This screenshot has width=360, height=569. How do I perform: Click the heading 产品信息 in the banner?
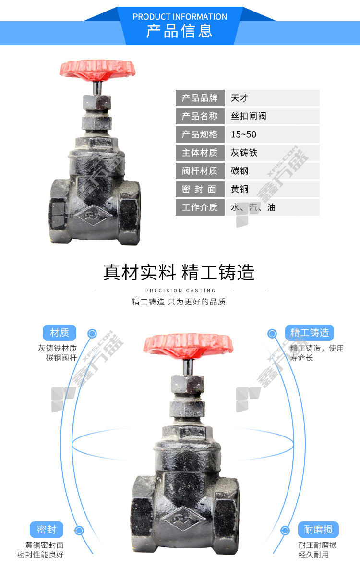pos(180,32)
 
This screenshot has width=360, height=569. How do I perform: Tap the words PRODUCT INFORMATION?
pos(180,17)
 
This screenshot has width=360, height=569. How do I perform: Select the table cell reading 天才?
pos(240,98)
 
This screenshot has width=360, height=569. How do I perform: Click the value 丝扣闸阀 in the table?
pos(249,116)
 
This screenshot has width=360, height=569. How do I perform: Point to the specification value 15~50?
pos(243,134)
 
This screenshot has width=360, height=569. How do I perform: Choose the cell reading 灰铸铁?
pos(244,153)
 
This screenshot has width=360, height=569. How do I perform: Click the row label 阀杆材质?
pos(200,171)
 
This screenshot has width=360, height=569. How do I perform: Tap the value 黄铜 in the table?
pos(240,189)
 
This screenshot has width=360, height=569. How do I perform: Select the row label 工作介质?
pos(200,207)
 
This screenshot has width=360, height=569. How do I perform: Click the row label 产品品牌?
pos(200,98)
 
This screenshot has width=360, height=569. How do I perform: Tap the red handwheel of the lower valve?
pos(188,344)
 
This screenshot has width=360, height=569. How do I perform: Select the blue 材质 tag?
pos(60,332)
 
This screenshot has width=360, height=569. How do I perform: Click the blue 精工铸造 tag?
pos(310,332)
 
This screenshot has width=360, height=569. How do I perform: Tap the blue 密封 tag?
pos(47,530)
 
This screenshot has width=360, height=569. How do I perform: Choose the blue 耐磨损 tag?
pos(318,530)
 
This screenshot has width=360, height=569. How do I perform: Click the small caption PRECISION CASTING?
pos(180,291)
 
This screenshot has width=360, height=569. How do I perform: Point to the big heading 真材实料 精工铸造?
pos(179,272)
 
